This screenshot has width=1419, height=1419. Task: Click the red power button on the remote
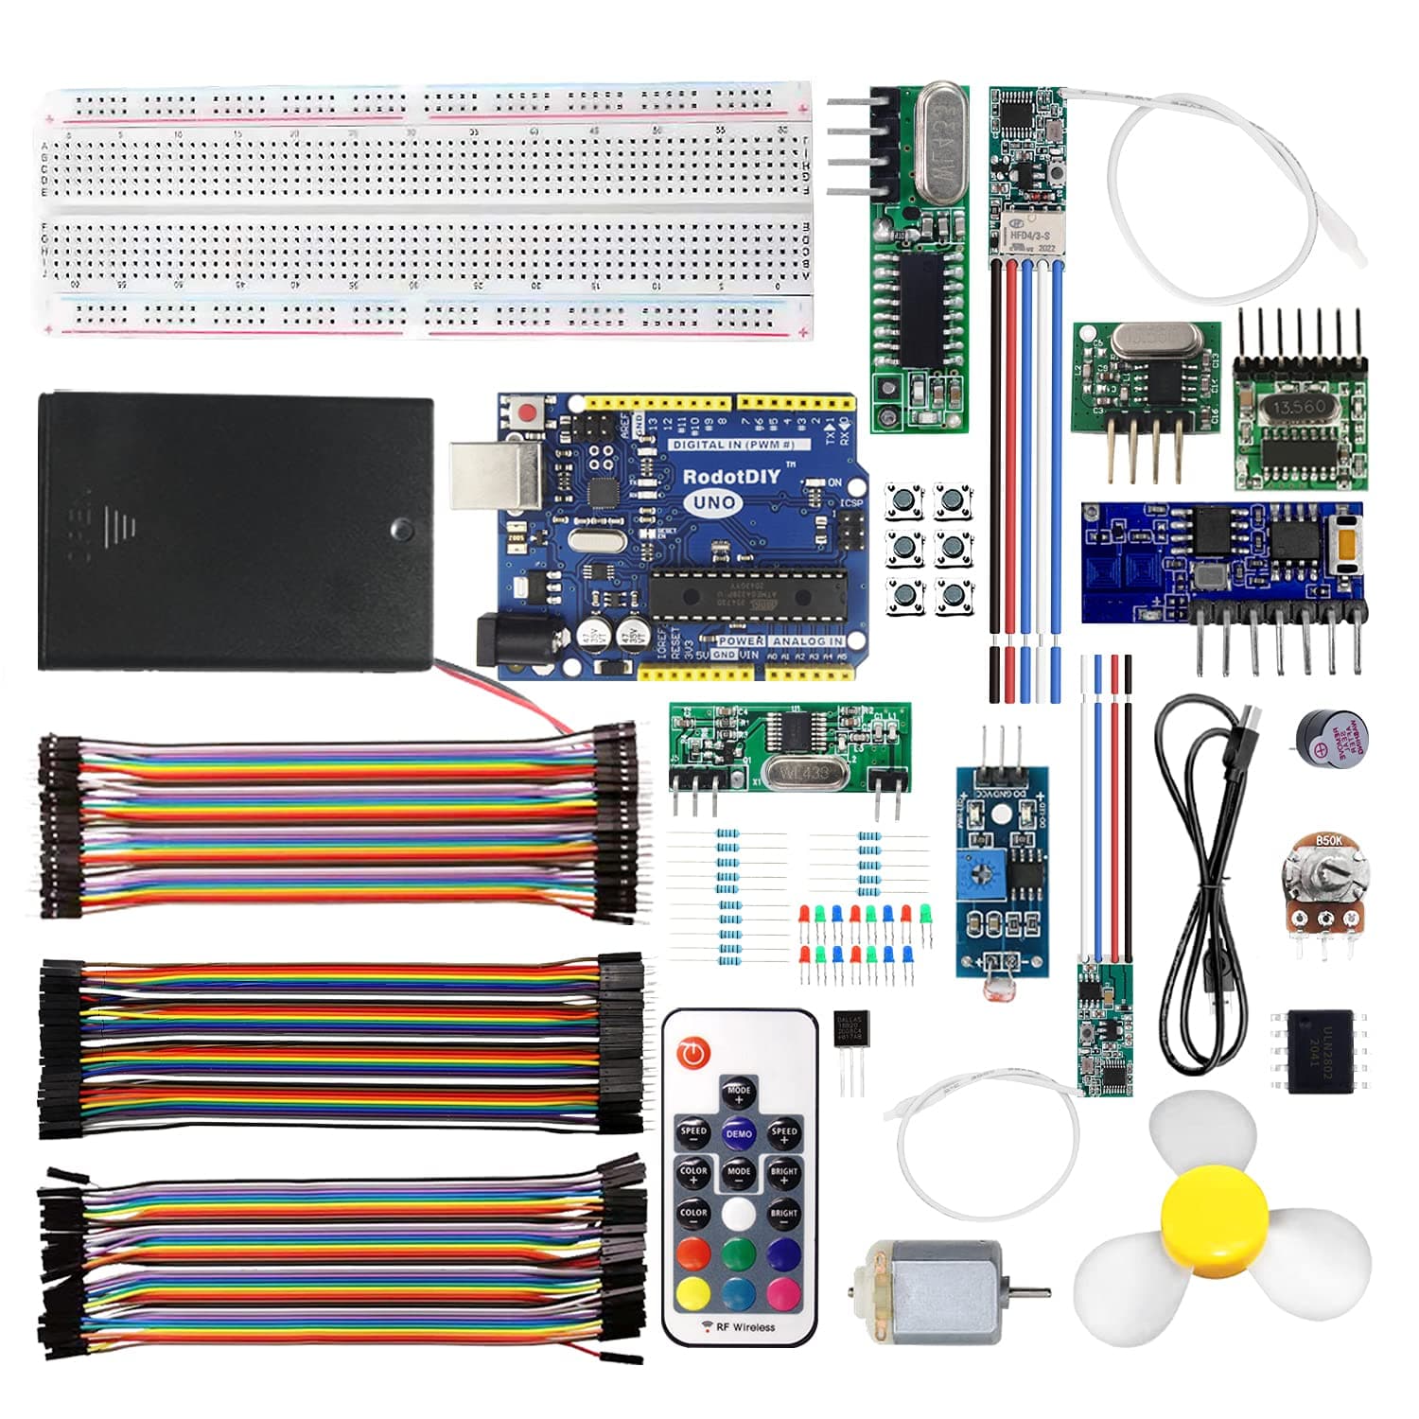point(695,1051)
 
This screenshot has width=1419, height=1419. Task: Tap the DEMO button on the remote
point(739,1133)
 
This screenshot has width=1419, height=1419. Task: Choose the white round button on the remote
point(739,1214)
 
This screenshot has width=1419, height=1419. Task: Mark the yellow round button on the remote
point(693,1293)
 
